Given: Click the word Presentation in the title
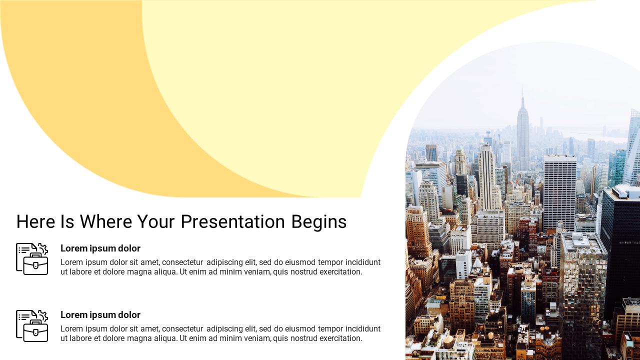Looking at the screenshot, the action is point(233,221).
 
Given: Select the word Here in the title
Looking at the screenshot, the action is point(35,221).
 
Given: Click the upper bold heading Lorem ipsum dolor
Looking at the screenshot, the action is point(100,248).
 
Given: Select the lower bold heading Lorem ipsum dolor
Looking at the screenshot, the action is point(100,315).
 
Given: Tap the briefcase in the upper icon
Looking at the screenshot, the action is point(35,264).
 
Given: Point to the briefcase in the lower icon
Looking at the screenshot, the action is point(35,331).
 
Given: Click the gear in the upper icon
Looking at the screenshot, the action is point(42,249).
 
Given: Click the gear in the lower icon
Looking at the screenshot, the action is point(42,315).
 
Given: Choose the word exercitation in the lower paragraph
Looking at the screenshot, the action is point(341,338).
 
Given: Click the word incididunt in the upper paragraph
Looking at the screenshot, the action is point(363,262).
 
